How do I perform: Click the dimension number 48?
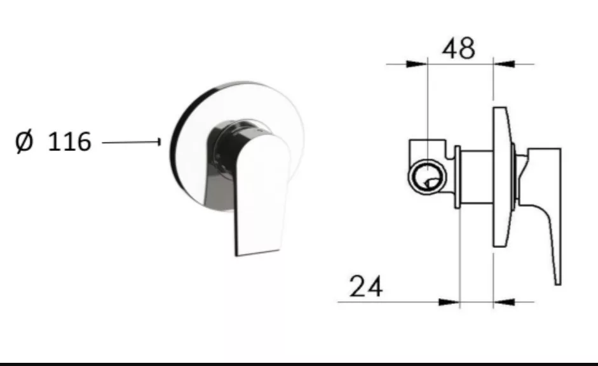(x=458, y=48)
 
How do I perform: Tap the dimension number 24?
(x=366, y=287)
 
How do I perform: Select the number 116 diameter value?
(x=69, y=141)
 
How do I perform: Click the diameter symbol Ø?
(x=24, y=141)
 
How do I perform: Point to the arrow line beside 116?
(x=132, y=142)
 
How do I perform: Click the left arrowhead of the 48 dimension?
(x=416, y=64)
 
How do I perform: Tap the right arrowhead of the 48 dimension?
(x=504, y=64)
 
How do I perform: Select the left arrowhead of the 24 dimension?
(x=449, y=302)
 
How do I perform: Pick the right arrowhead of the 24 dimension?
(x=504, y=302)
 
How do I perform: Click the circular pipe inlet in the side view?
(x=428, y=177)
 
